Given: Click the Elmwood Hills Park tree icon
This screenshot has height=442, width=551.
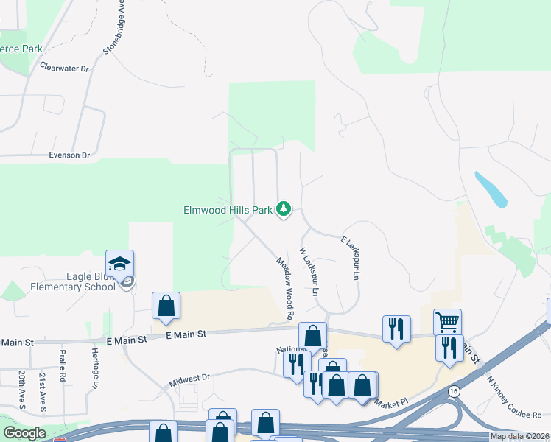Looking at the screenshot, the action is click(284, 210).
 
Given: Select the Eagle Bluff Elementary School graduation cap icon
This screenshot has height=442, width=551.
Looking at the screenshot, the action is click(120, 264).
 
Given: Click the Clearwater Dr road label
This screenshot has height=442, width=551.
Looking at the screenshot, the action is click(64, 68).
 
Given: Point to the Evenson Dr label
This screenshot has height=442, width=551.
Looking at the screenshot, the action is click(69, 155).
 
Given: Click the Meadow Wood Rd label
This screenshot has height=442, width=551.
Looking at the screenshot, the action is click(286, 288).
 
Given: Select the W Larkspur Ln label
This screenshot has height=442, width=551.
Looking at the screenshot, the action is click(309, 271).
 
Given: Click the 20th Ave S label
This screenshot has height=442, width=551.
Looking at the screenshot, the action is click(21, 390).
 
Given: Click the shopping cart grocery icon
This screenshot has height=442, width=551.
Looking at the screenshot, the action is click(447, 321).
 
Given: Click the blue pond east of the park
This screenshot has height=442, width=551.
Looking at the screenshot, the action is click(491, 189).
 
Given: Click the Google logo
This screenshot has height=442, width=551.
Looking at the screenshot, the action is click(24, 433).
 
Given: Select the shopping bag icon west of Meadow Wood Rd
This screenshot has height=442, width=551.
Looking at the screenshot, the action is click(166, 306).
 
